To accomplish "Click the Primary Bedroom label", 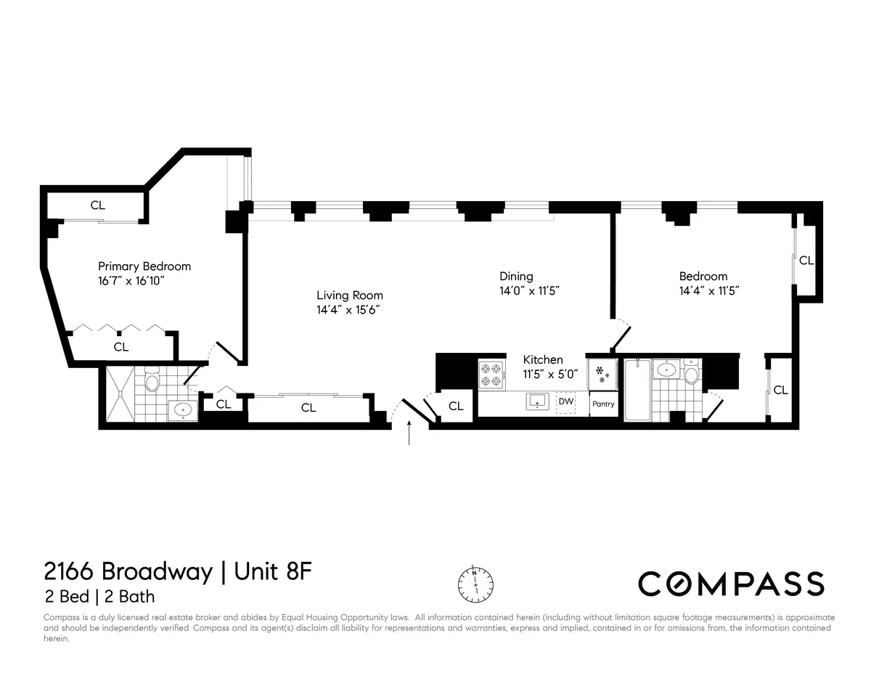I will point(144,266).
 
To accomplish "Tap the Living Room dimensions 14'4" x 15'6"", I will point(349,309).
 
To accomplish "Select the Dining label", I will point(516,276).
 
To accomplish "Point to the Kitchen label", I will point(543,359).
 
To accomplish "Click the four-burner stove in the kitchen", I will point(490,375).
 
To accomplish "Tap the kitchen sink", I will point(538,401).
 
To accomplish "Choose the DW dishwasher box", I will point(565,401).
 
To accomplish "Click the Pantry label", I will point(603,404).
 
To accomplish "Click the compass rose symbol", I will point(475,582).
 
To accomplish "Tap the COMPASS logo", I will point(731,584).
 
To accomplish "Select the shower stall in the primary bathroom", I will point(120,393).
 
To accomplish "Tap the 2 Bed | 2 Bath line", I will point(99,597).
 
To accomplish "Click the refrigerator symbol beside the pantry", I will point(602,374).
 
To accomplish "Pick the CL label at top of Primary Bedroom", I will point(98,205).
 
